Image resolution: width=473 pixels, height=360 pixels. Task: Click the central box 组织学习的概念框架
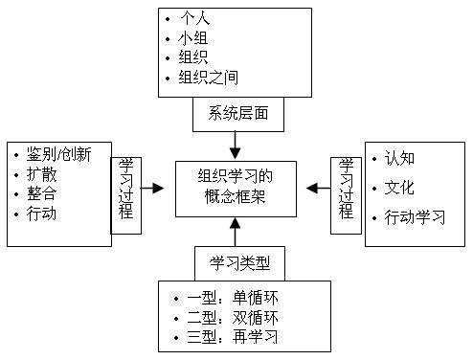[236, 188]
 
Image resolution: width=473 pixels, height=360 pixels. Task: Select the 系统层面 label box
[236, 114]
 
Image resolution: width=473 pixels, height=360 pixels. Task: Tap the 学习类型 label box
[234, 261]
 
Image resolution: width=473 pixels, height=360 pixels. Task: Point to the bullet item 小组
[194, 40]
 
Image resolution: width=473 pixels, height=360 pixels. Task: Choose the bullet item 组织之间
[210, 79]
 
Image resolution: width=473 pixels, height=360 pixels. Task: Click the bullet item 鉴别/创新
[65, 154]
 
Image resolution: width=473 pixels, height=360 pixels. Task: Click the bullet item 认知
[399, 157]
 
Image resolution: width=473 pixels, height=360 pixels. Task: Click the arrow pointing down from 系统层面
[236, 145]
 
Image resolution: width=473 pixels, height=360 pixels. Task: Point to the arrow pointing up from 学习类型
[235, 231]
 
